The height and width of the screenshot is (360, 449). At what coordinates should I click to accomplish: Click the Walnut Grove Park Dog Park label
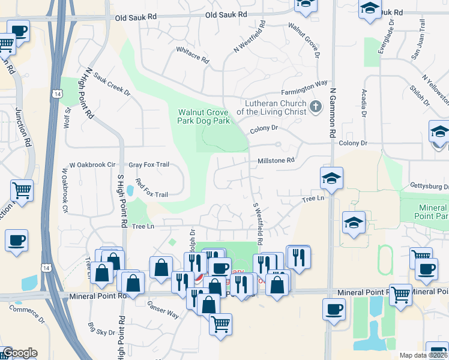point(204,116)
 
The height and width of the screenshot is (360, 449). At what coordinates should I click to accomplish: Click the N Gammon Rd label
point(332,113)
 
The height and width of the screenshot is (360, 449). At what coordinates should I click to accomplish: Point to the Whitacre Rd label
point(192,56)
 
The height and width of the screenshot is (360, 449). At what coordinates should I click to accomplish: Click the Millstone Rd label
point(276,161)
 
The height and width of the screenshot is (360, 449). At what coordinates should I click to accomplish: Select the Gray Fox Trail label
point(149,164)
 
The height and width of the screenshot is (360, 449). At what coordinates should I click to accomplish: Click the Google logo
point(20,353)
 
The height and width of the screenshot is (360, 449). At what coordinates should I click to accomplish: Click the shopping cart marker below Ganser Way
point(220,324)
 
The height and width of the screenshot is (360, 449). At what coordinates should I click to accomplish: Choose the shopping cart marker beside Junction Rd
point(22,191)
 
